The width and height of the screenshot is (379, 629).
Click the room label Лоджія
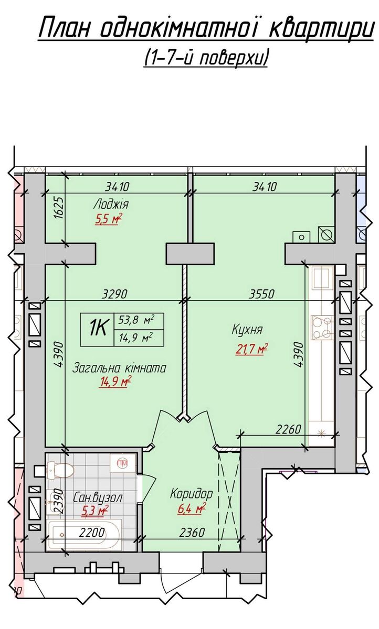pos(111,204)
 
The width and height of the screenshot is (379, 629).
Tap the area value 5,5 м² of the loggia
pos(109,219)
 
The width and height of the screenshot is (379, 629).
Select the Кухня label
pos(247,329)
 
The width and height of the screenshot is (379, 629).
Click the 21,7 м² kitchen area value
pos(251,349)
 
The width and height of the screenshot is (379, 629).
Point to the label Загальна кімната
pos(119,368)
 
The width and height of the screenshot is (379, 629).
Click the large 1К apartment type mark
pos(97,329)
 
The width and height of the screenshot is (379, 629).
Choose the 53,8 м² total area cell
pos(136,321)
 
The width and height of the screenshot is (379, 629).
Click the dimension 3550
pos(261,294)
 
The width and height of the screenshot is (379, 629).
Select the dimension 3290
pos(115,294)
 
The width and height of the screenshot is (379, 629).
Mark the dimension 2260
pos(289,429)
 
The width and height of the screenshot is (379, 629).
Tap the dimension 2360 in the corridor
pos(192,532)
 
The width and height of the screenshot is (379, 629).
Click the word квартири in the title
pos(322,28)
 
